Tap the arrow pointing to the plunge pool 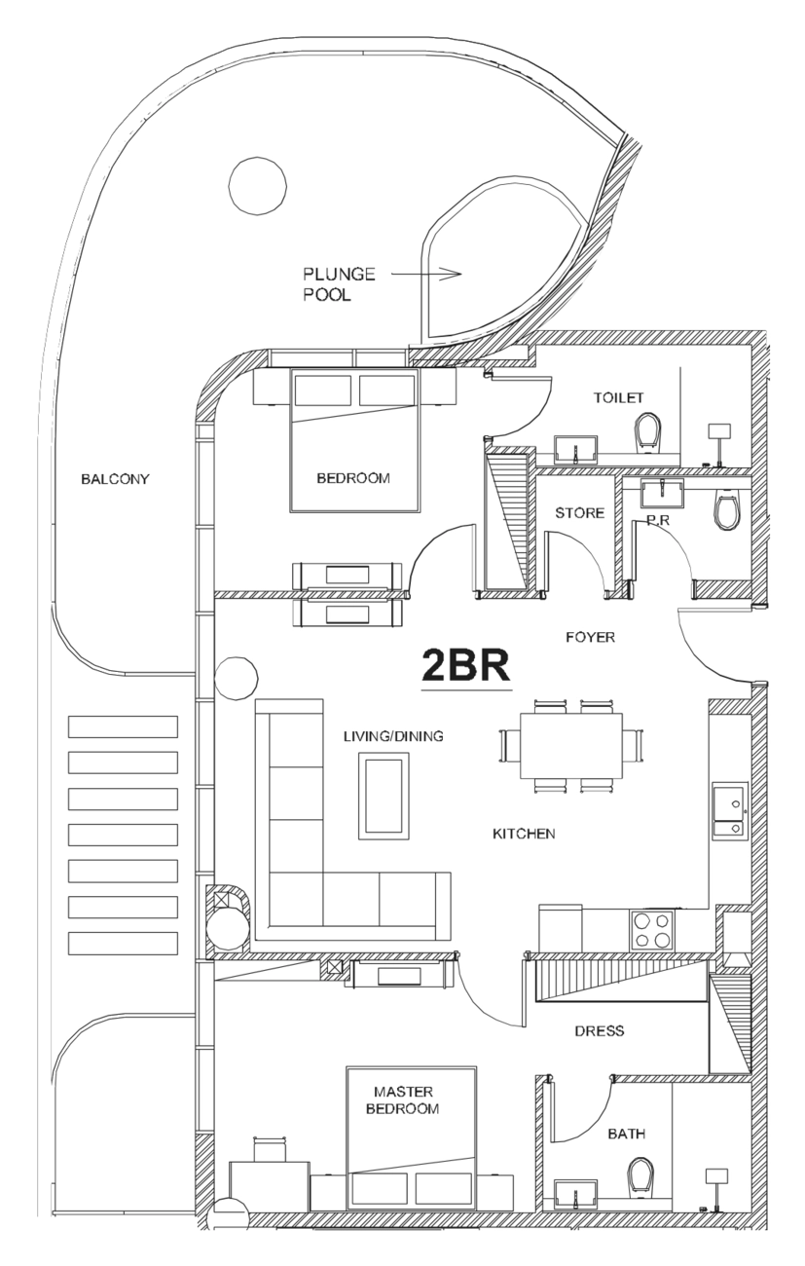coord(426,274)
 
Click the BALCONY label coord(115,479)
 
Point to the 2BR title coord(466,666)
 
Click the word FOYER coord(590,638)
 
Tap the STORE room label coord(579,513)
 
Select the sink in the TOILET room coord(575,451)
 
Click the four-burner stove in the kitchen coord(652,930)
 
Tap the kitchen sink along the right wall coord(730,811)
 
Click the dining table coord(571,745)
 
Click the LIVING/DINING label coord(394,736)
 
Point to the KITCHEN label coord(524,835)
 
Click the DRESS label coord(600,1031)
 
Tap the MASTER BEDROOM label coord(402,1100)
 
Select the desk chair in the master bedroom coord(270,1149)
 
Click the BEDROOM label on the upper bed coord(353,478)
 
